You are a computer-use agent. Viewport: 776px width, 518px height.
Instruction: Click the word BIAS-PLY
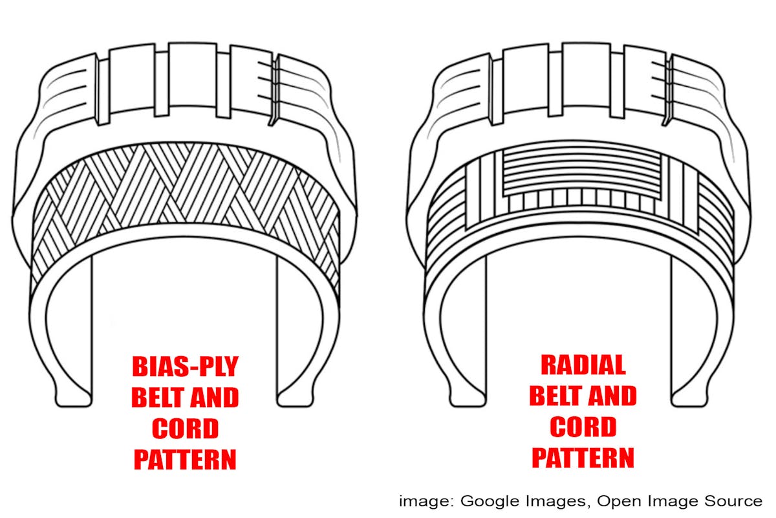click(x=185, y=367)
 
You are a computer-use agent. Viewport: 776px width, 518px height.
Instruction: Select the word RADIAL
click(x=583, y=366)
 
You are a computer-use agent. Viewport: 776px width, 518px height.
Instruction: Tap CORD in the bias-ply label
click(x=185, y=429)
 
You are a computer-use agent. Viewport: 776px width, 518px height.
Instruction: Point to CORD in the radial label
click(x=583, y=427)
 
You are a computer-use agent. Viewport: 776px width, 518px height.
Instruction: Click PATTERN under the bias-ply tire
click(x=185, y=459)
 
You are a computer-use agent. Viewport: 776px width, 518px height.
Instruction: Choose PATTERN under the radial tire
click(x=583, y=457)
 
